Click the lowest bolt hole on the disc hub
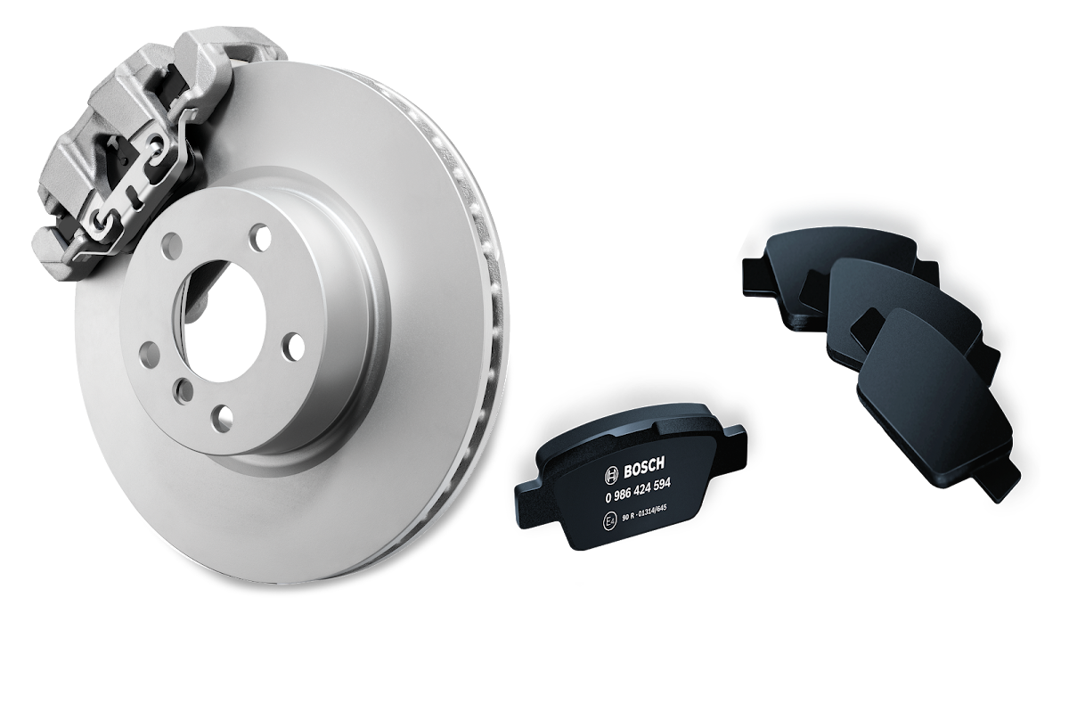click(222, 420)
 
